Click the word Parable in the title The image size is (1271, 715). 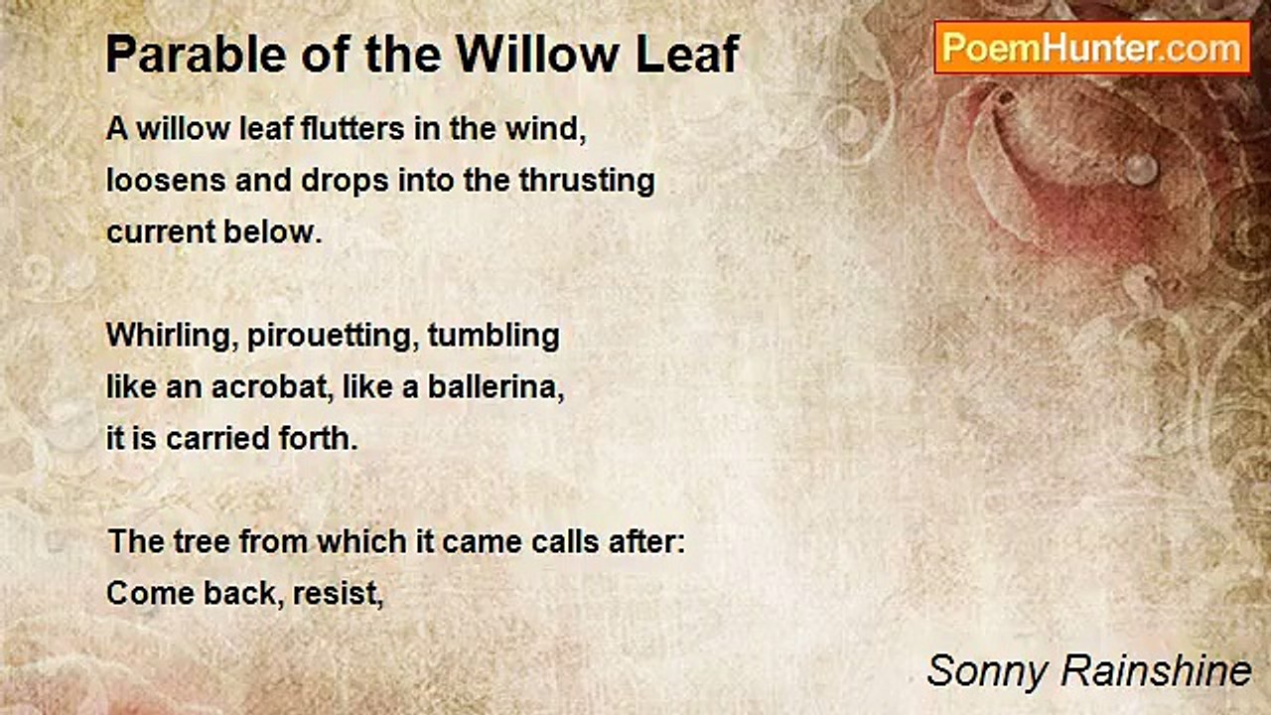pyautogui.click(x=197, y=55)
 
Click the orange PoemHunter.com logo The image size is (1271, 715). pyautogui.click(x=1092, y=48)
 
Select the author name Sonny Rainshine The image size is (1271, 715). pyautogui.click(x=1089, y=671)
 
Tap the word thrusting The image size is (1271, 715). pyautogui.click(x=587, y=182)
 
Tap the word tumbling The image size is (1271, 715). pyautogui.click(x=494, y=336)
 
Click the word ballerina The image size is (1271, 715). pyautogui.click(x=495, y=387)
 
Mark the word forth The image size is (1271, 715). pyautogui.click(x=319, y=439)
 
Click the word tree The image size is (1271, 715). pyautogui.click(x=201, y=542)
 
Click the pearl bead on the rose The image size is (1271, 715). pyautogui.click(x=1141, y=169)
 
